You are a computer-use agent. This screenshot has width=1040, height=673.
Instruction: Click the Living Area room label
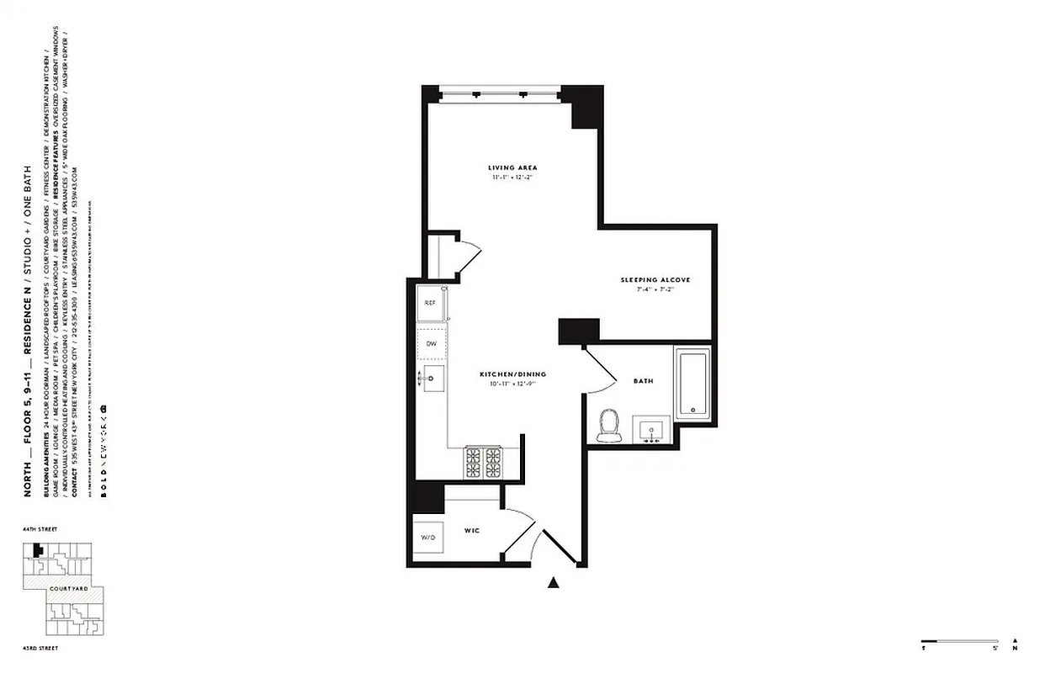(x=512, y=167)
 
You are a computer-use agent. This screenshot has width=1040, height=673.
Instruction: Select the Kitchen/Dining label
(x=513, y=374)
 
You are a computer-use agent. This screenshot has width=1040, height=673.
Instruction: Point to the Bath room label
(x=643, y=381)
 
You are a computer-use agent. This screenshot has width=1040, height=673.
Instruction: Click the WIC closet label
(x=472, y=531)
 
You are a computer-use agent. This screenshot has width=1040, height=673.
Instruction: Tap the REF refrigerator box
(x=430, y=303)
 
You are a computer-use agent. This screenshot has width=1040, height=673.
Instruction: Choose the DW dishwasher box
(x=431, y=344)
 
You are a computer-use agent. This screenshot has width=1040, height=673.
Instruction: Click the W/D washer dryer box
(x=428, y=538)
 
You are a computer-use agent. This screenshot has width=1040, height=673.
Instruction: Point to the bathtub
(x=692, y=384)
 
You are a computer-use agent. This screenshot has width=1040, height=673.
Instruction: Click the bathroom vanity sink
(x=650, y=431)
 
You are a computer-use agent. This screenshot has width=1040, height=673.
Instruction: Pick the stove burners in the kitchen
(x=483, y=462)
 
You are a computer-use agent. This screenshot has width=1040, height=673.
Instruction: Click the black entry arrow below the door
(x=554, y=581)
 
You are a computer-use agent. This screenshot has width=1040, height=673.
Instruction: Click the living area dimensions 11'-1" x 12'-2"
(x=512, y=178)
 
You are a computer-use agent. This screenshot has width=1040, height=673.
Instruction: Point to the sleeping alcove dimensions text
(x=655, y=289)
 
